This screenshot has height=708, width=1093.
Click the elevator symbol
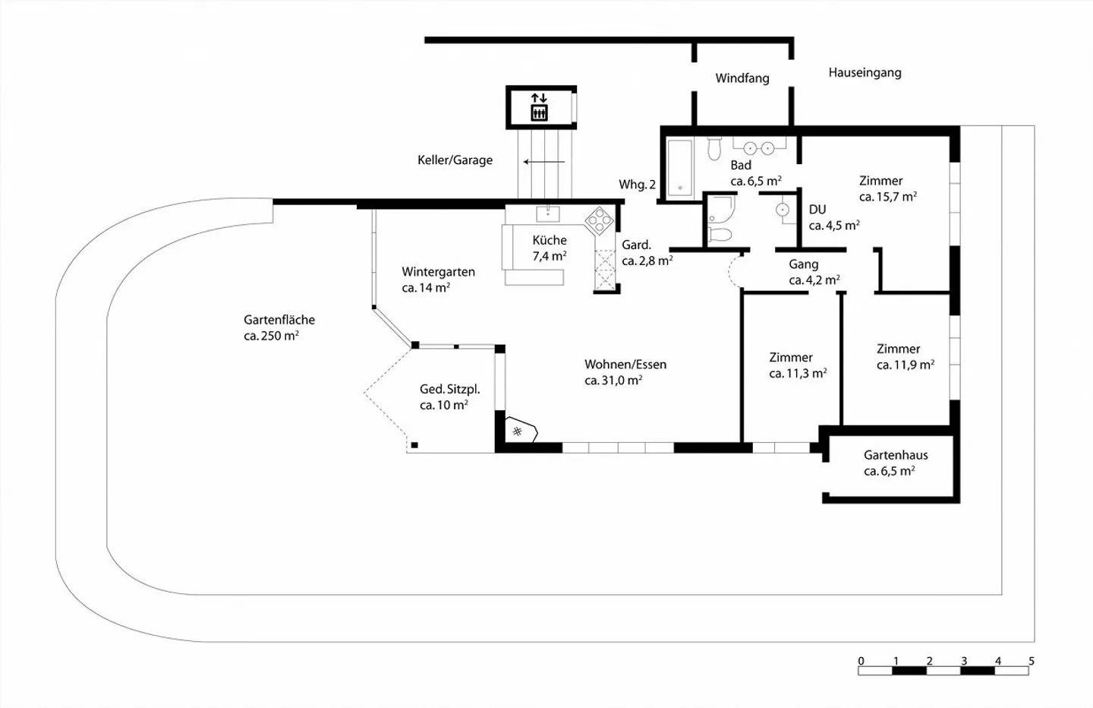539,107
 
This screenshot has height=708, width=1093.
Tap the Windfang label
742,78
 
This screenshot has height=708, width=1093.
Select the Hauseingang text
865,73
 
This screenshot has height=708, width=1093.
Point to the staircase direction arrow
544,162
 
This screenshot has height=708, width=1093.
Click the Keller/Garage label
455,160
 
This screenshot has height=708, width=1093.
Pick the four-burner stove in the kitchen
599,221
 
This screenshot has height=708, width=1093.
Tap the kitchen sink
548,214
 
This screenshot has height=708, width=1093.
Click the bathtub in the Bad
680,168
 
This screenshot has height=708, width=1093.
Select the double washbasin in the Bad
759,147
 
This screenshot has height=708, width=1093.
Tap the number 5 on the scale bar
1031,661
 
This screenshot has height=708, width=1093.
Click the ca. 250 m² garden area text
271,336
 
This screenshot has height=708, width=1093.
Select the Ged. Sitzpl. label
450,389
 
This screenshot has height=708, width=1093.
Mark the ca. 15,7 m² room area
888,197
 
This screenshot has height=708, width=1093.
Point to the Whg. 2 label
638,185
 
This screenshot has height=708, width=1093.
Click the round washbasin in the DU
782,210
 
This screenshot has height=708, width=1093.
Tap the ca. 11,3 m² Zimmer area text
798,374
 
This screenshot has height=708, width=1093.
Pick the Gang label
804,264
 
